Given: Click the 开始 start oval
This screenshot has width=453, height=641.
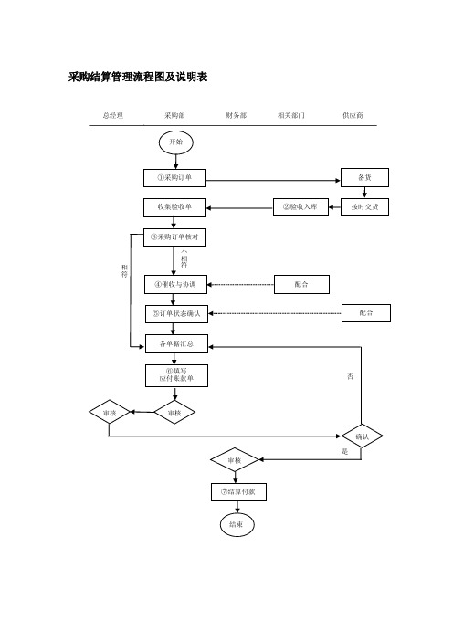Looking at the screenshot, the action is pyautogui.click(x=175, y=142).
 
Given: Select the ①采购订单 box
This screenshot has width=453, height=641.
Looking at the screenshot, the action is pyautogui.click(x=174, y=178).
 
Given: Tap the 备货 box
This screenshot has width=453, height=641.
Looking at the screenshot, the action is pyautogui.click(x=364, y=177).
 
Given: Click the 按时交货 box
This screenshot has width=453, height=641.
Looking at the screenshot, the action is pyautogui.click(x=364, y=207).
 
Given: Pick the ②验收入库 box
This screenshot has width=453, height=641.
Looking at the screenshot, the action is pyautogui.click(x=300, y=207).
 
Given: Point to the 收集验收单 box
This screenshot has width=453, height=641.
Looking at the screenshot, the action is pyautogui.click(x=174, y=207).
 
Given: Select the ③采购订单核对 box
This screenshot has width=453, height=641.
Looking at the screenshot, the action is pyautogui.click(x=174, y=237).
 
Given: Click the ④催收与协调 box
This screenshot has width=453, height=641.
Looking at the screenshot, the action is pyautogui.click(x=175, y=285).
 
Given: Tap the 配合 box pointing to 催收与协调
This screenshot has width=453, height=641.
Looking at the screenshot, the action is pyautogui.click(x=301, y=285).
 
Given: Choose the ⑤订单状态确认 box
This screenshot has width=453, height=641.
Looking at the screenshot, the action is pyautogui.click(x=176, y=314).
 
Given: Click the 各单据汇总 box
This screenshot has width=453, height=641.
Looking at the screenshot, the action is pyautogui.click(x=176, y=344).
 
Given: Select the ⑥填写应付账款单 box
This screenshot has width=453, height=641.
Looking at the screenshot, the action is pyautogui.click(x=176, y=375).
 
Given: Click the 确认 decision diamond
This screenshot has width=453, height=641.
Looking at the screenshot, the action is pyautogui.click(x=363, y=436).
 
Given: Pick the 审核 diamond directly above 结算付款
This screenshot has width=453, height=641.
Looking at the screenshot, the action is pyautogui.click(x=235, y=460).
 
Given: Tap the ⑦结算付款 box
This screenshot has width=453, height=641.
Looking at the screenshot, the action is pyautogui.click(x=238, y=492).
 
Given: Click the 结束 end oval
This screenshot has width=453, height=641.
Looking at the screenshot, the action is pyautogui.click(x=237, y=524).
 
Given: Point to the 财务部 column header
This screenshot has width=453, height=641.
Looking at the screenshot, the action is pyautogui.click(x=237, y=116).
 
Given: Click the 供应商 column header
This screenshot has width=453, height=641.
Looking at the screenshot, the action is pyautogui.click(x=353, y=116).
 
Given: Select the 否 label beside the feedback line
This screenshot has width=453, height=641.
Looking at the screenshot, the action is pyautogui.click(x=351, y=376).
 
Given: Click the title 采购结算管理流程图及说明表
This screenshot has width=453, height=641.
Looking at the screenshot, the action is pyautogui.click(x=138, y=77).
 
